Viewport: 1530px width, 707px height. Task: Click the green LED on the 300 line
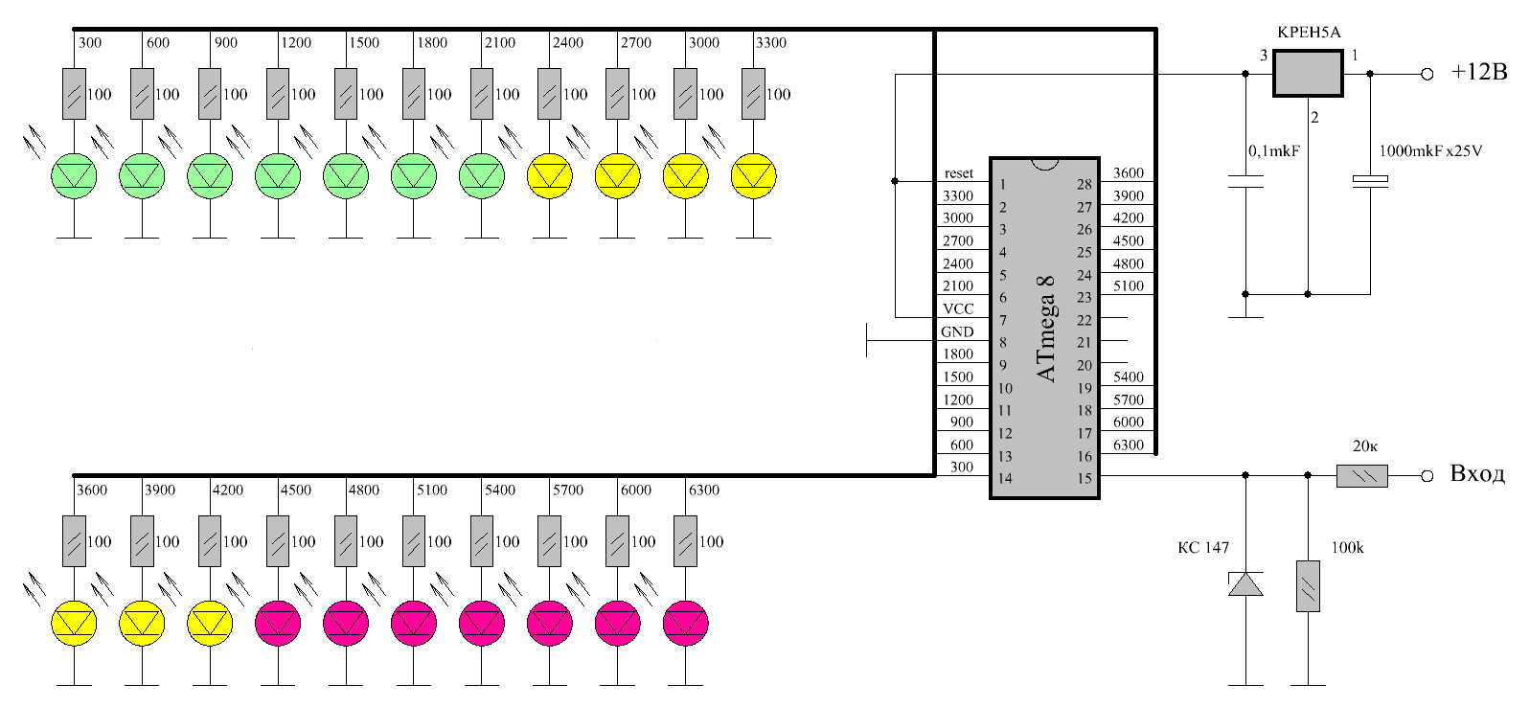coord(74,176)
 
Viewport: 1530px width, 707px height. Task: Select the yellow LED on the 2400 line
coord(550,176)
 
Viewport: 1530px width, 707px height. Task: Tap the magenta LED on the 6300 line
coord(686,624)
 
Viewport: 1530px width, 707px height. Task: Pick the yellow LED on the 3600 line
coord(74,624)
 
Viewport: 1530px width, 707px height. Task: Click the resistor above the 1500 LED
coord(346,94)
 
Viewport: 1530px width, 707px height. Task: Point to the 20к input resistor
coord(1361,475)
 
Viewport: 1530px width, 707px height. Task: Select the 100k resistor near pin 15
coord(1308,586)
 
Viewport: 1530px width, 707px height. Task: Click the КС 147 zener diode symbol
coord(1245,583)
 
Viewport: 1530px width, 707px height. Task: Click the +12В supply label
coord(1478,73)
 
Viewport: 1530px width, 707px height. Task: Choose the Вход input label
coord(1477,474)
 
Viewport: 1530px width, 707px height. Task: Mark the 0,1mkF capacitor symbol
coord(1245,181)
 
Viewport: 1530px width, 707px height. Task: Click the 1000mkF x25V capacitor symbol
coord(1370,180)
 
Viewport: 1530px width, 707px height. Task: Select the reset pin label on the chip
coord(958,173)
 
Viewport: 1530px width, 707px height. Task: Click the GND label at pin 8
coord(957,331)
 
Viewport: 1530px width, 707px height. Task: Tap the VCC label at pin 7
coord(958,308)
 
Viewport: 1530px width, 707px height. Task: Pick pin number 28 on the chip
coord(1084,184)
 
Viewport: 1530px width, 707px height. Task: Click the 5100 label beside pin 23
coord(1129,285)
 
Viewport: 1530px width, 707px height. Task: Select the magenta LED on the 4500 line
coord(278,624)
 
